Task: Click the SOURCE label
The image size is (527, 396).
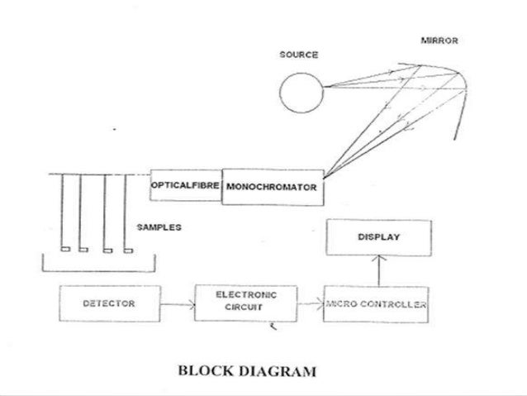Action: (x=299, y=55)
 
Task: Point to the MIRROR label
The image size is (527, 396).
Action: (x=439, y=41)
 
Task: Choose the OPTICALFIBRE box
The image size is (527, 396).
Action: (x=185, y=186)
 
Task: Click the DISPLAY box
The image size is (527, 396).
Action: (x=378, y=238)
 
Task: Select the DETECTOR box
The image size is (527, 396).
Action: (x=109, y=304)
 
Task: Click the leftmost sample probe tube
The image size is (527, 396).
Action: (x=64, y=213)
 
